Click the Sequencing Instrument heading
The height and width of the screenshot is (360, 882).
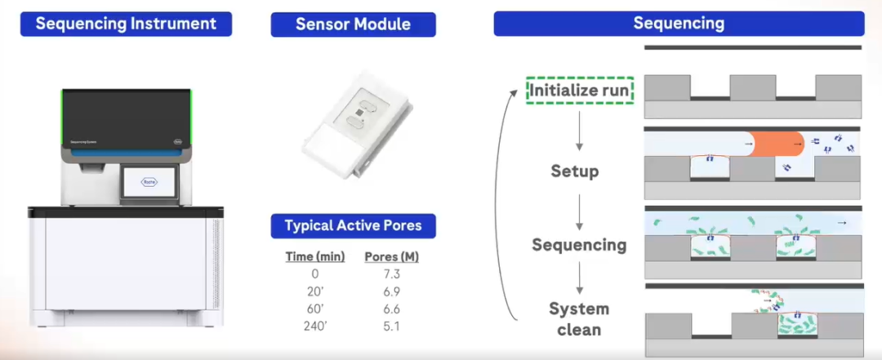(126, 24)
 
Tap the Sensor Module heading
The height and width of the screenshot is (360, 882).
(353, 24)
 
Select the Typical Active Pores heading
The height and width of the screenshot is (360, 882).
(353, 225)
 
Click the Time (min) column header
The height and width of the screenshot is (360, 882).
(315, 256)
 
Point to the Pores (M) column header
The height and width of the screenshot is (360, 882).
(391, 256)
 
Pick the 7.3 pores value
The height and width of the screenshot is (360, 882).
(391, 274)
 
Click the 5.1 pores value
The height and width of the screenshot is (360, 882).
(391, 327)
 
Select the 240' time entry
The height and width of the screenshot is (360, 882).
(315, 327)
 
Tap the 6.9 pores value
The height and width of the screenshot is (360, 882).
(391, 291)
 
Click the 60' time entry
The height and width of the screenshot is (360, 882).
(315, 309)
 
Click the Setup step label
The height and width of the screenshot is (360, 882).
(574, 171)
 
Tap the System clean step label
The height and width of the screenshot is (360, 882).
(578, 319)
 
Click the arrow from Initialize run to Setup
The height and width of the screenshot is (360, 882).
(579, 131)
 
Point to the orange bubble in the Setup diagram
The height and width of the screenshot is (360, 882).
(776, 144)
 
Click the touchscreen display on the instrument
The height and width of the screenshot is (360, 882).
(149, 183)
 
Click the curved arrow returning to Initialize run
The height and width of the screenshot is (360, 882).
(511, 204)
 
